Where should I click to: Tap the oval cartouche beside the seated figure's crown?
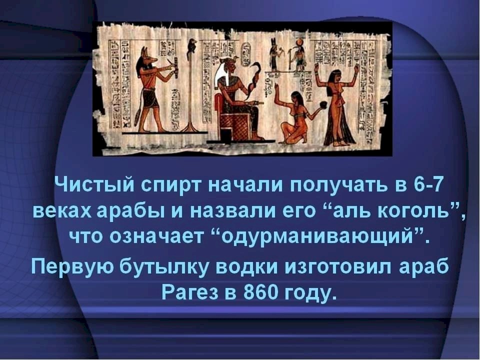[246, 54]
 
